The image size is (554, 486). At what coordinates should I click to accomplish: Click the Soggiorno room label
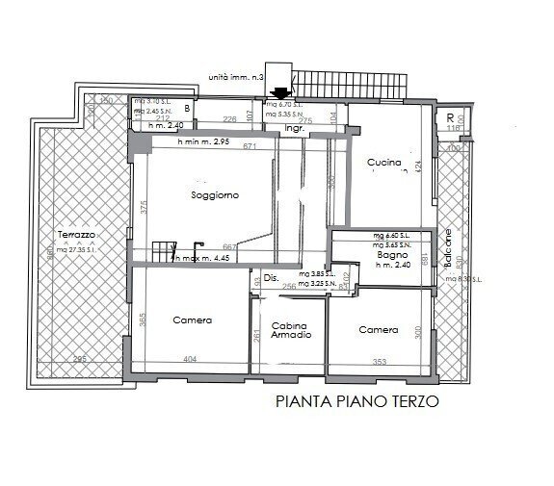pos(214,194)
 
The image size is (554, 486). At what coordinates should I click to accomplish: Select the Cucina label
pos(383,163)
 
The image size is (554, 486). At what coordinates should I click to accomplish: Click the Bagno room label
pos(390,255)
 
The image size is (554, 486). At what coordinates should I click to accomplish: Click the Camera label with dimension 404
pos(192,320)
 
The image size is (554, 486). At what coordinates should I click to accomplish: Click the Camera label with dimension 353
pos(378,329)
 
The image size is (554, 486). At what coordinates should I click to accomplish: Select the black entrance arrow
pos(280,93)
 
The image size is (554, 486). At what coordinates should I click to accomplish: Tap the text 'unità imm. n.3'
pos(236,76)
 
